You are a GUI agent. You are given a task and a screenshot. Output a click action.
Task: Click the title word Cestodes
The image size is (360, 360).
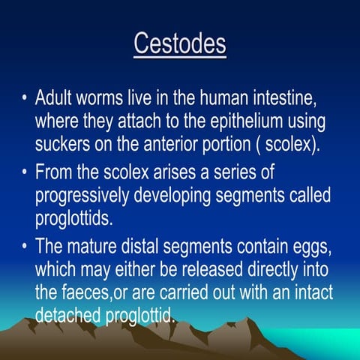(x=180, y=43)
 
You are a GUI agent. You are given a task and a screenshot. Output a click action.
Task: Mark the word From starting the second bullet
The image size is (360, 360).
(x=54, y=173)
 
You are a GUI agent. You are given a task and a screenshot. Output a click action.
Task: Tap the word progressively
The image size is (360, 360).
(x=84, y=195)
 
